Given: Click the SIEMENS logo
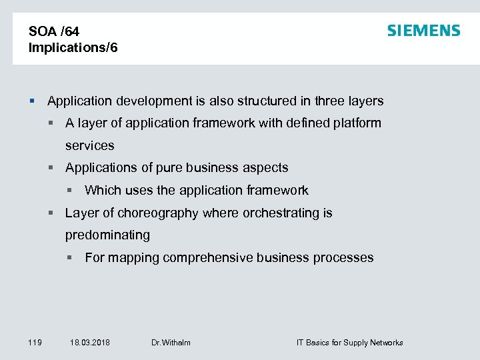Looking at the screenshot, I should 423,31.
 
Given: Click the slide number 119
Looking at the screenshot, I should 35,343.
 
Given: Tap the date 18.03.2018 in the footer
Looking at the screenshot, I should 90,343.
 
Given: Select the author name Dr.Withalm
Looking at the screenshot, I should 171,343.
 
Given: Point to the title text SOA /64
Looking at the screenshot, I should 54,31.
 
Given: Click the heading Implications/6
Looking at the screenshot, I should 73,48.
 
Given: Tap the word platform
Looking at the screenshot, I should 357,123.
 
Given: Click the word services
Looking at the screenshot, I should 89,145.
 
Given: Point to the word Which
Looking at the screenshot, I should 103,191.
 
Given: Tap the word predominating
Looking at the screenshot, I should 107,235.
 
